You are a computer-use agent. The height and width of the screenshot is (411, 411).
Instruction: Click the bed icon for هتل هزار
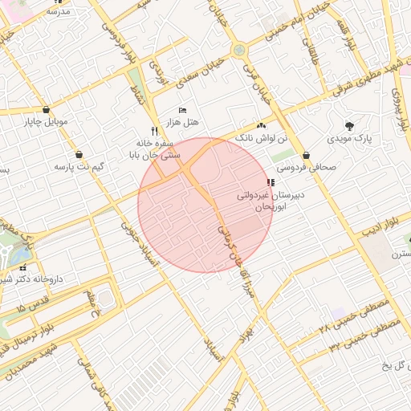(182, 109)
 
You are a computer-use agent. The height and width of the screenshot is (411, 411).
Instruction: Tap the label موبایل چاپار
(47, 122)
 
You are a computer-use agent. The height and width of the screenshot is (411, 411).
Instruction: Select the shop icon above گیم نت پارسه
(79, 154)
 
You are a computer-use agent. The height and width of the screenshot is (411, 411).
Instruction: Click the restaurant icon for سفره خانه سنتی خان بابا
(154, 130)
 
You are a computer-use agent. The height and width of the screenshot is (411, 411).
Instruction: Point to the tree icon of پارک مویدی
(349, 125)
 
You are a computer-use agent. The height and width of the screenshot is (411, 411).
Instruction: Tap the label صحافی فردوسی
(307, 169)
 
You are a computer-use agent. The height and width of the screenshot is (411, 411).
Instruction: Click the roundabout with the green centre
(238, 51)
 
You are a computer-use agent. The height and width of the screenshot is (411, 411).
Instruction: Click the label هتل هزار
(182, 120)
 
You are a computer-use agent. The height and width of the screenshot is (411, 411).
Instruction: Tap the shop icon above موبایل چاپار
(47, 110)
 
